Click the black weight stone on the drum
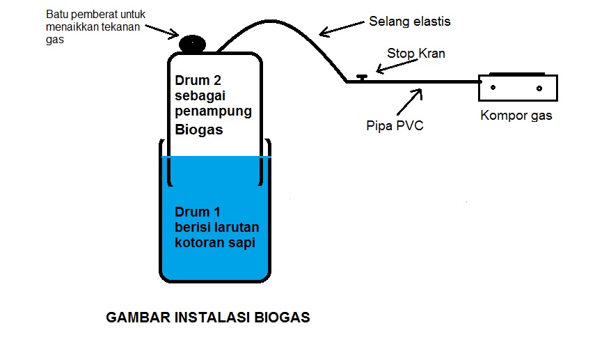tap(193, 43)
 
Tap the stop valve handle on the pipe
tap(361, 77)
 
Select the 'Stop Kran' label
tap(416, 54)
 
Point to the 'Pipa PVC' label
tap(395, 126)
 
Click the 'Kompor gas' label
tap(516, 116)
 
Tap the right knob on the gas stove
tap(539, 88)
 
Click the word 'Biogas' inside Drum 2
tap(199, 129)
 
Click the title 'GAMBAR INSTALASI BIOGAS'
tap(207, 318)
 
